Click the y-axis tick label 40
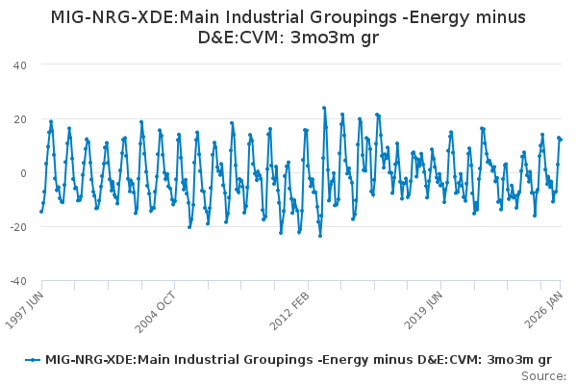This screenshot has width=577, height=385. [19, 64]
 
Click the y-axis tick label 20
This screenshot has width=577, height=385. [19, 118]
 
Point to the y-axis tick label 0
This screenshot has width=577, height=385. [23, 172]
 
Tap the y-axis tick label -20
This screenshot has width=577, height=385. [17, 226]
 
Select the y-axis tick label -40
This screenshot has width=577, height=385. [17, 280]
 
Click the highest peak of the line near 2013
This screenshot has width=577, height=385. [324, 108]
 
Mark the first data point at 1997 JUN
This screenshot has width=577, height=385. [41, 211]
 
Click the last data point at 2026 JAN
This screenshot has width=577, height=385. [561, 140]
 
